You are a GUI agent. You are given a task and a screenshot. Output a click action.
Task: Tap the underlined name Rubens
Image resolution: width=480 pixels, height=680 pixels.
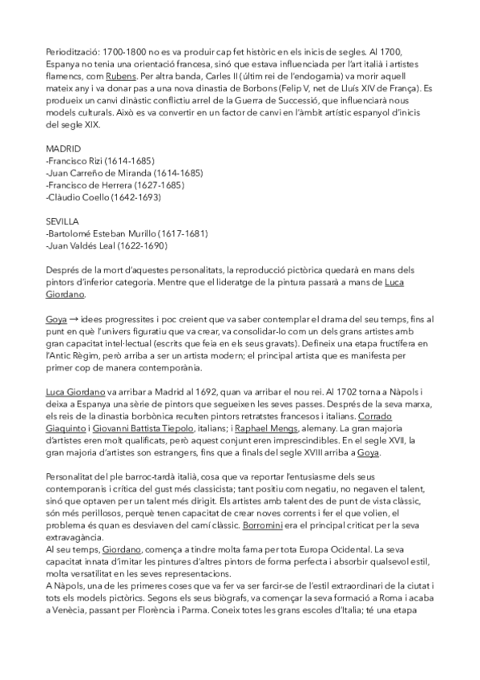click(121, 76)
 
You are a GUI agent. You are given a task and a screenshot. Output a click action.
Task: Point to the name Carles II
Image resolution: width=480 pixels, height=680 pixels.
click(219, 76)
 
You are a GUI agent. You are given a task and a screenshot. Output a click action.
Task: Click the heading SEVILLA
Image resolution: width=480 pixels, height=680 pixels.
click(61, 222)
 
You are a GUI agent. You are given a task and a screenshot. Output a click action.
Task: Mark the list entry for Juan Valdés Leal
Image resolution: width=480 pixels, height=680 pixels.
click(98, 246)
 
